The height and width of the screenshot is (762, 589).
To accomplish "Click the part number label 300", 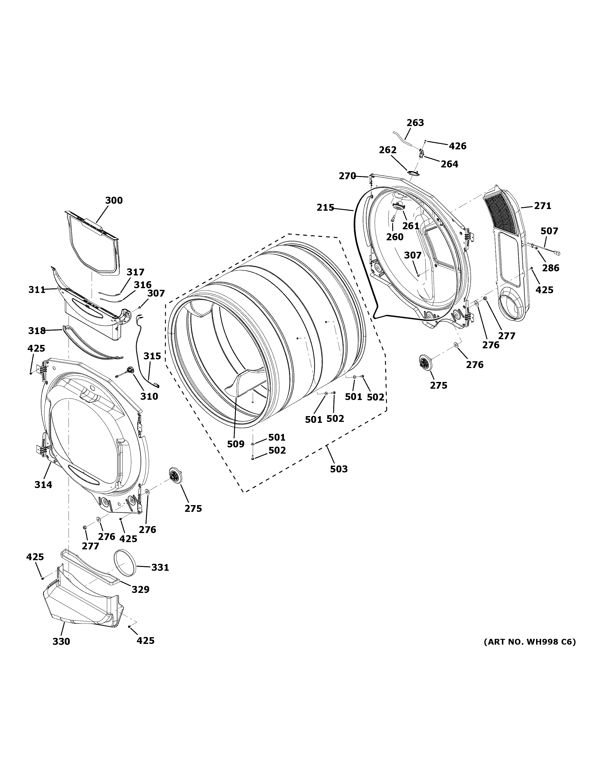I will pos(114,201).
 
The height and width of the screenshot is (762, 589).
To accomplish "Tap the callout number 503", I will pos(339,469).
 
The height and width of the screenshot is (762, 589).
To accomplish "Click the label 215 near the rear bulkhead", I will pos(325,208).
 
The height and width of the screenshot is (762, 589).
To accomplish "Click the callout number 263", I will pos(415,123).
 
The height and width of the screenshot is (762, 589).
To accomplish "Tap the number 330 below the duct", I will pos(61,641).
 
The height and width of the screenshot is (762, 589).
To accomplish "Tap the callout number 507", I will pos(549,231).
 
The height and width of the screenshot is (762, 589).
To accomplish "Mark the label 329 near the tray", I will pos(140,589).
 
